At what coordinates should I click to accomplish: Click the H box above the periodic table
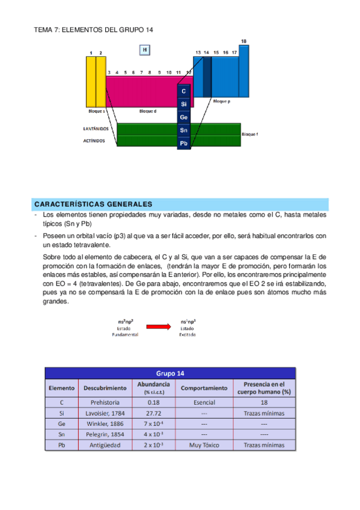pos(144,50)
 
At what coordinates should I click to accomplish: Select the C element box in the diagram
pos(184,91)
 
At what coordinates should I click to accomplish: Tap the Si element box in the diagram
pos(184,104)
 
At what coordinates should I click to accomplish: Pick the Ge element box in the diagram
pos(184,117)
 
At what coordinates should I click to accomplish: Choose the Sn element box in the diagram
pos(184,130)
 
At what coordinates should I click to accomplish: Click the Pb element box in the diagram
pos(184,143)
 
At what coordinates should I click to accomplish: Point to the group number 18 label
pos(243,41)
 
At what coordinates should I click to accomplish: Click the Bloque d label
pos(148,111)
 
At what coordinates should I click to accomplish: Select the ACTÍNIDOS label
pos(94,141)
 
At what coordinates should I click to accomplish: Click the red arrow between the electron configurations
pos(159,327)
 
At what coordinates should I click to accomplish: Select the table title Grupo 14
pos(170,373)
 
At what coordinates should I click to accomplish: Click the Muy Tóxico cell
pos(203,446)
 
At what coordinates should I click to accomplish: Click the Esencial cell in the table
pos(203,402)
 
